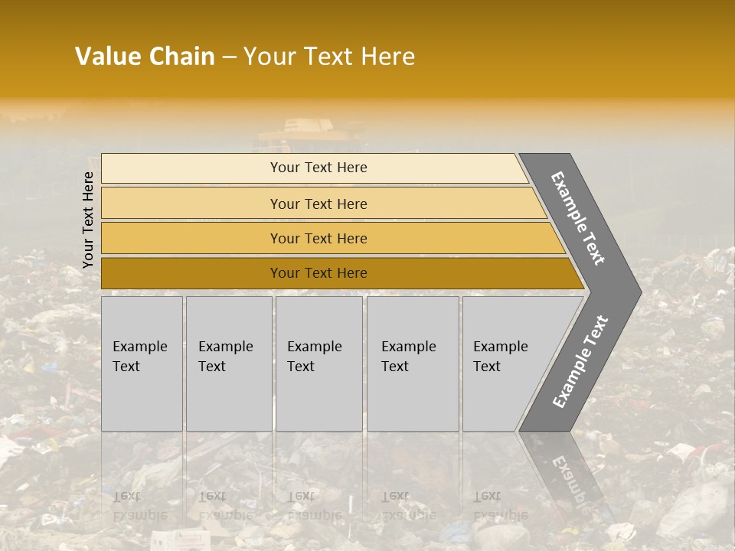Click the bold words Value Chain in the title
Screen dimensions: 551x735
pos(145,57)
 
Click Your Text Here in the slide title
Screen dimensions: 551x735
pos(329,57)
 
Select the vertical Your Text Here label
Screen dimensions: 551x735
pos(88,220)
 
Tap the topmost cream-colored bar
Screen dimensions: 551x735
pos(318,168)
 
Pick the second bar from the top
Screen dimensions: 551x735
pos(318,204)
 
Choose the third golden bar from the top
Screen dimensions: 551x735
pos(318,238)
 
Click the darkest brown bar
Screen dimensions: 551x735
pos(318,273)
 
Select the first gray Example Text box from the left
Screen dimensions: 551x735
pos(142,364)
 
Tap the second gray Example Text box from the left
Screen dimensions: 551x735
pos(228,364)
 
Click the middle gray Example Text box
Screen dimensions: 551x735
pos(318,364)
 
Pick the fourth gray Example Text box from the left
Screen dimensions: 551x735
pos(413,364)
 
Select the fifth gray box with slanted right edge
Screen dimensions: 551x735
pos(505,364)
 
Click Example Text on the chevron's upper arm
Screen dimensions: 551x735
pos(578,218)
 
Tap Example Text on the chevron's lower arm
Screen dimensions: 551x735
pos(580,362)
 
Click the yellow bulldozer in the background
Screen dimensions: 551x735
pos(310,134)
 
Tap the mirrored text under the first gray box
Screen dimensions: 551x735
pos(138,505)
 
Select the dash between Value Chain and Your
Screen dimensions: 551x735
pos(229,57)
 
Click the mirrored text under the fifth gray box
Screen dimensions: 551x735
pos(498,505)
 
